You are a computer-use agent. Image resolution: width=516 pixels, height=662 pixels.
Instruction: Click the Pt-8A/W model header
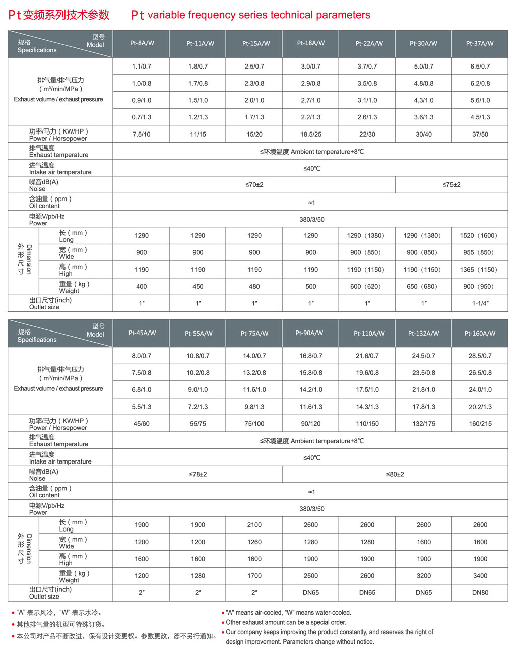point(142,43)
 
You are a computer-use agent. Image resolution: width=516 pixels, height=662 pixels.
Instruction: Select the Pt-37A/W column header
point(480,44)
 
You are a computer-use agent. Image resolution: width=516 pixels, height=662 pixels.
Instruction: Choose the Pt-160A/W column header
point(480,334)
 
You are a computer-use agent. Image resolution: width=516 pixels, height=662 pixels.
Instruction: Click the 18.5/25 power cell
point(311,135)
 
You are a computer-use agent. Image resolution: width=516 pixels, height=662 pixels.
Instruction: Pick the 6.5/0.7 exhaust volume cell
point(480,67)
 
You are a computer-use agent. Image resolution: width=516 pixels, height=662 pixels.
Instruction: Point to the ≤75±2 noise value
point(451,185)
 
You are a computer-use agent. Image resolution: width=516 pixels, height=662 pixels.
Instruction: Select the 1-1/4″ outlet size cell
point(480,303)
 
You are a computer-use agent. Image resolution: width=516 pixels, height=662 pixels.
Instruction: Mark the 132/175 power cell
point(424,424)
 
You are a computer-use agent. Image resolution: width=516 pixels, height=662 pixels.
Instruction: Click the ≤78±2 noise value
point(198,475)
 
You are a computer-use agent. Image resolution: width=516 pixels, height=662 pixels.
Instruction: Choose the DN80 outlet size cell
point(480,593)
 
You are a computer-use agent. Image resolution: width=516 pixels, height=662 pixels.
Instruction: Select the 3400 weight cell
point(480,576)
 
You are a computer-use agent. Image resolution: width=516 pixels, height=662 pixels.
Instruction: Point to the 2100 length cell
point(254,525)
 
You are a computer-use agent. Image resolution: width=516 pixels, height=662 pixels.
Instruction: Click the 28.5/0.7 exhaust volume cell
point(480,356)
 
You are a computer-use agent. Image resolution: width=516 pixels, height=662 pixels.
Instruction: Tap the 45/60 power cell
point(142,424)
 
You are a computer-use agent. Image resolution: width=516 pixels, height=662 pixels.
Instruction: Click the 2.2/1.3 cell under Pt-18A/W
point(311,117)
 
